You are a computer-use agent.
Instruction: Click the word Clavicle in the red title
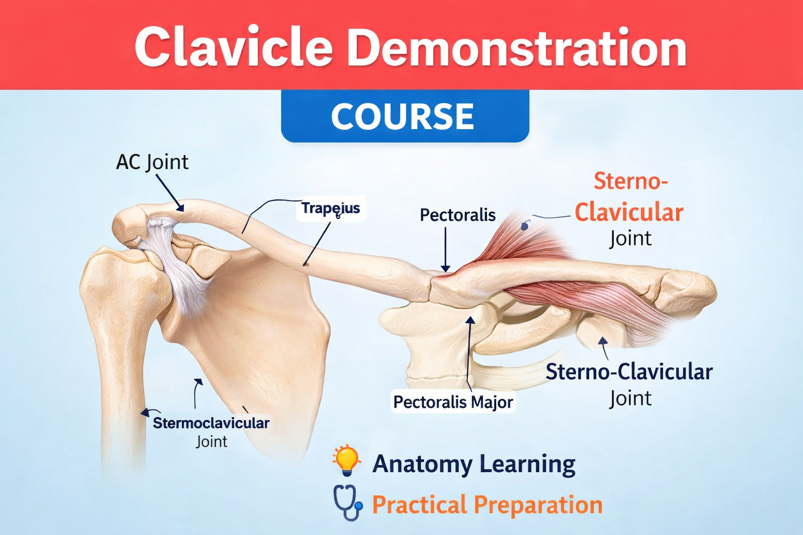pos(234,48)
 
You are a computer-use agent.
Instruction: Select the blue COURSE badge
pos(405,116)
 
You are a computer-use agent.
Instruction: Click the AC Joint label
pos(152,162)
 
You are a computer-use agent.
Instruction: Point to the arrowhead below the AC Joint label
pos(180,208)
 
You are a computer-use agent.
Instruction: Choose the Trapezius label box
pos(330,208)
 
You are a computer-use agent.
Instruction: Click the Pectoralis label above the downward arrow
pos(457,215)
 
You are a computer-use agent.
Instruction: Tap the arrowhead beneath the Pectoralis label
pos(445,269)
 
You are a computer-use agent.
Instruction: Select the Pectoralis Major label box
pos(453,402)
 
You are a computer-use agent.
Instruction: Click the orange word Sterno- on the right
pos(630,181)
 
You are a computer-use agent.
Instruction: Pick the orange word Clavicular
pos(629,212)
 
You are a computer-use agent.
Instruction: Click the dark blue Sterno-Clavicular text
pos(629,372)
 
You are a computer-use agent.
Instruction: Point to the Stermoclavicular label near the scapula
pos(211,423)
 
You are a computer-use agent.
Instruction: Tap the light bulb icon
pos(346,460)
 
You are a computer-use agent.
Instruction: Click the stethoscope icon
pos(347,503)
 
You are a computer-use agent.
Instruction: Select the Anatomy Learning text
pos(474,464)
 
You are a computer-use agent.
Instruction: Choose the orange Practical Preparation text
pos(487,505)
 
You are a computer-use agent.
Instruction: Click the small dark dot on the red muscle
pos(525,226)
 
